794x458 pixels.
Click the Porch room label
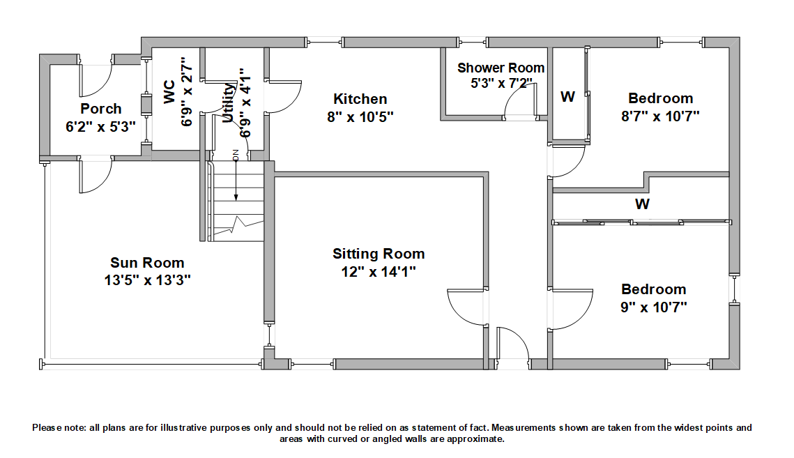[x=100, y=109]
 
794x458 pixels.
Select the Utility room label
[x=228, y=102]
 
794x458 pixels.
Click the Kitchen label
[x=360, y=99]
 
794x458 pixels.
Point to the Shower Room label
[x=501, y=68]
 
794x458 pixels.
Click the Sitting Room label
[x=379, y=254]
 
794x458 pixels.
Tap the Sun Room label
[x=147, y=263]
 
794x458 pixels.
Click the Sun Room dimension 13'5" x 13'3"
[x=147, y=280]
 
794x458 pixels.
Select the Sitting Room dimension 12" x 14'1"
[x=379, y=271]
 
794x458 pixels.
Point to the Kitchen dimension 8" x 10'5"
[x=360, y=116]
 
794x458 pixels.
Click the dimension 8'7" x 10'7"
[x=660, y=116]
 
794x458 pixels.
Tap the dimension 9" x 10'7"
[x=654, y=307]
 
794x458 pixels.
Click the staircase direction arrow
[x=236, y=181]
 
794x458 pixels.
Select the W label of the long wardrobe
[x=642, y=204]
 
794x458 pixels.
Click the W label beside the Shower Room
[x=568, y=97]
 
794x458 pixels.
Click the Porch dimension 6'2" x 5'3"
[x=100, y=127]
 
